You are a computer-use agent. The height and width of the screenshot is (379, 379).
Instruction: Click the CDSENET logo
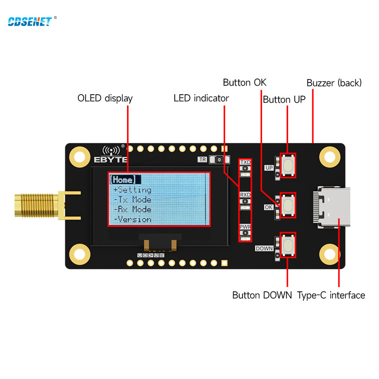point(29,21)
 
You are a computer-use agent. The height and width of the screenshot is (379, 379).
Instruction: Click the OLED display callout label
point(105,99)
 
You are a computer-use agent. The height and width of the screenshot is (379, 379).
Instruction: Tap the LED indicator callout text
point(201,99)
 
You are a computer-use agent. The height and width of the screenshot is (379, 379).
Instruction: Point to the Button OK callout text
point(245,83)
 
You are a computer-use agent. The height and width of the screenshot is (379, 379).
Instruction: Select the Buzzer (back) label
point(334,83)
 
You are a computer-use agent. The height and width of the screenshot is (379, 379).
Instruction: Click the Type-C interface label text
point(331,295)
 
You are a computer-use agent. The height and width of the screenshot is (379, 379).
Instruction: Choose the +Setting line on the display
point(132,190)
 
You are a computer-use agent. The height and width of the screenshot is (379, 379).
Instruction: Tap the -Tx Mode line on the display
point(133,199)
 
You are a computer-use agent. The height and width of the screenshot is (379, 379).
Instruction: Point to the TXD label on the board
point(245,162)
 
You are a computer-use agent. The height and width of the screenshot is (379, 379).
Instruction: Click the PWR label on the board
point(245,227)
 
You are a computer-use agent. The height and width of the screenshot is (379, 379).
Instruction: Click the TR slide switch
point(219,160)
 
